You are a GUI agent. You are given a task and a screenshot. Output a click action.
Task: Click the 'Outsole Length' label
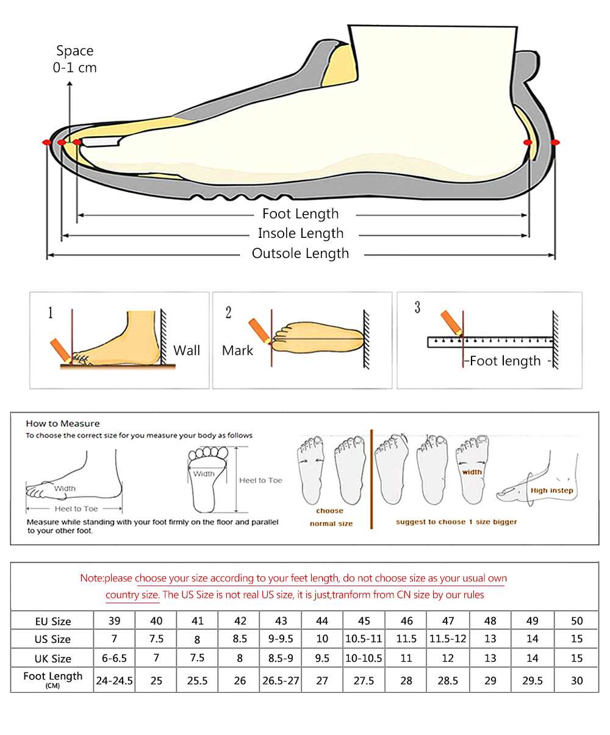click(300, 254)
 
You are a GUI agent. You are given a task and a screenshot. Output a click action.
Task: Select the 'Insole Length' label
click(300, 234)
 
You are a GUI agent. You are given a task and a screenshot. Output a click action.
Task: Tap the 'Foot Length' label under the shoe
click(300, 214)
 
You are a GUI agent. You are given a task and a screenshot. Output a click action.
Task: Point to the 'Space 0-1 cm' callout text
click(74, 59)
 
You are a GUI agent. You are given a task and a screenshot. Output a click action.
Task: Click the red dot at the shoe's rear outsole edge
click(555, 142)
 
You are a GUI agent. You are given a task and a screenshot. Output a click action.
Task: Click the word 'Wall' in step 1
click(186, 351)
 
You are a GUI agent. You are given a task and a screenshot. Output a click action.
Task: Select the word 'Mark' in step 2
click(237, 351)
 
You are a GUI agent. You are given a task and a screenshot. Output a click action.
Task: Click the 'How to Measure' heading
click(62, 423)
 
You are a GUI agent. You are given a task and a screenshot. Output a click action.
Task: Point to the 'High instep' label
click(551, 490)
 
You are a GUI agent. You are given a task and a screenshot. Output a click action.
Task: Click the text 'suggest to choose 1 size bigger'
click(456, 522)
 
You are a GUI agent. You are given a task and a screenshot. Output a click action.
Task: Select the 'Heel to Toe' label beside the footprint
click(260, 481)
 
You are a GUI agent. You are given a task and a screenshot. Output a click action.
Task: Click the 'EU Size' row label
click(52, 622)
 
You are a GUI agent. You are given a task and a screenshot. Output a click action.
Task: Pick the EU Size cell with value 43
click(281, 621)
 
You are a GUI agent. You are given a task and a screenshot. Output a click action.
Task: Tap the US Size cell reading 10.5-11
click(364, 639)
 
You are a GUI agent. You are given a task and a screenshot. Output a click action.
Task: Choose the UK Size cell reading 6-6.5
click(114, 659)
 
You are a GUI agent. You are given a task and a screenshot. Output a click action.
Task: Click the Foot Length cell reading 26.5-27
click(281, 681)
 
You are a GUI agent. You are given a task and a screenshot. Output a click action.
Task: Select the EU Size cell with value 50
click(576, 621)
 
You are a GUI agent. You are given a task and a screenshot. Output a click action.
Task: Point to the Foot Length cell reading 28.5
click(447, 681)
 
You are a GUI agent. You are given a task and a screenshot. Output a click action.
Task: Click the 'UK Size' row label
click(52, 659)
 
